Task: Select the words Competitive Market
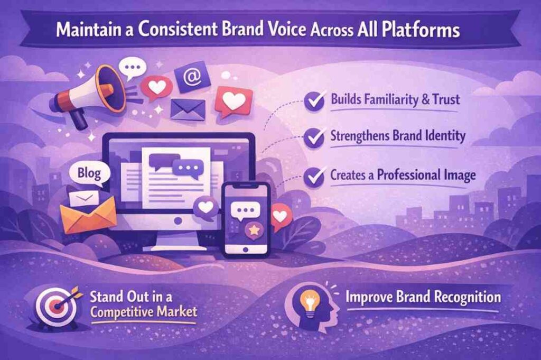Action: pos(143,311)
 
